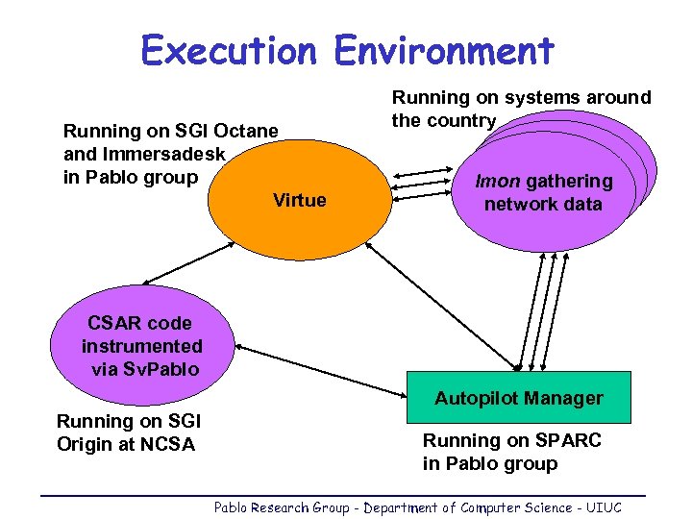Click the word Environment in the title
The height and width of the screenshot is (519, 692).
tap(444, 50)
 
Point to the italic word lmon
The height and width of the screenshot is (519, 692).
tap(498, 181)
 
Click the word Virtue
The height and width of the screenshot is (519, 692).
tap(300, 201)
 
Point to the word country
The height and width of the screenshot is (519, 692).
tap(463, 121)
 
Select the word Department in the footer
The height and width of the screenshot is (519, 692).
tap(395, 507)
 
